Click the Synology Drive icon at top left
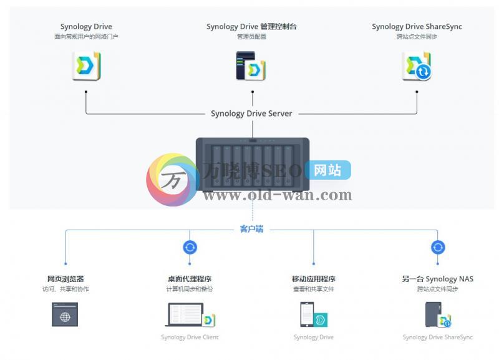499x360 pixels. [87, 66]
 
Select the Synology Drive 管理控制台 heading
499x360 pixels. [252, 27]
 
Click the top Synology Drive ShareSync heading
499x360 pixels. [417, 27]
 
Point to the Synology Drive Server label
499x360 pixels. [251, 114]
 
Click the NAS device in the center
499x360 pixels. [253, 165]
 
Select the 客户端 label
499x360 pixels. [251, 229]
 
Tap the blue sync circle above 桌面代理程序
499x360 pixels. [190, 247]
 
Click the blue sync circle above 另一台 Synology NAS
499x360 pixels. [438, 247]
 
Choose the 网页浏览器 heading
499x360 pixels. [65, 279]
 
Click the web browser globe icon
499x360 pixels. [65, 315]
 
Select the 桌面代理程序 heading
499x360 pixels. [190, 279]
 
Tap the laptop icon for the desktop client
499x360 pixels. [185, 315]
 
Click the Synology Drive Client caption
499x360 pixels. [190, 338]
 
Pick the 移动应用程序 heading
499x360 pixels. [313, 279]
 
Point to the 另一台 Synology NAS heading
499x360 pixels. [437, 279]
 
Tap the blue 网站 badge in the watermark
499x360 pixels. [327, 170]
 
